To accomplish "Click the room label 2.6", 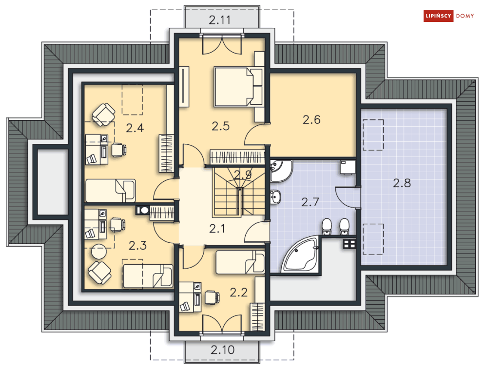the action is pos(311,120).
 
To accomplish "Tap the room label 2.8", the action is pos(402,183).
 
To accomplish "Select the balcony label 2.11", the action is pos(220,20).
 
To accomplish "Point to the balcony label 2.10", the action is pos(222,350).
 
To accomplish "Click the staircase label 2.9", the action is pos(243,175).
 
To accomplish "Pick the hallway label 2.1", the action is pos(217,229).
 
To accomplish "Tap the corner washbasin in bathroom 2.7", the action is pos(281,171).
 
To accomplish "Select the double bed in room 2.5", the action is pos(238,87).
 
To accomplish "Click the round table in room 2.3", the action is pos(99,252).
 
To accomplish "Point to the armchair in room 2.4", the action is pos(104,115).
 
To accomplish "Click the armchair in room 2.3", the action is pos(99,272).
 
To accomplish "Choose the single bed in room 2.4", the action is pos(111,191).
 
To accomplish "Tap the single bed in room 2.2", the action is pos(240,262).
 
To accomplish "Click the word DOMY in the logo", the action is pos(465,16).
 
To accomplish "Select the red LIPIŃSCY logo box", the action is pos(439,16).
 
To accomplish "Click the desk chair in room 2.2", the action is pos(212,297).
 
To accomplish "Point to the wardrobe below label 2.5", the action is pos(237,157).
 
